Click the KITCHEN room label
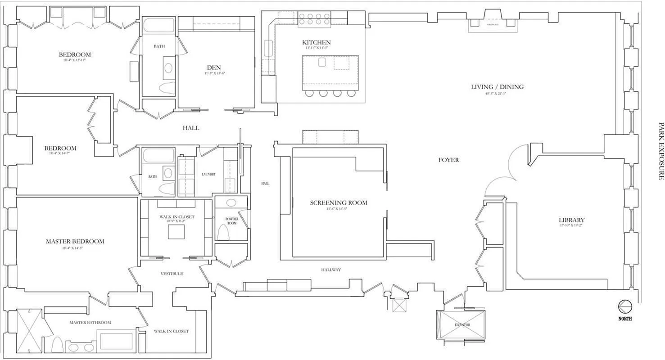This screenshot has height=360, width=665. (x=316, y=42)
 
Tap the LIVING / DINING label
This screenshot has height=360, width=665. (x=497, y=87)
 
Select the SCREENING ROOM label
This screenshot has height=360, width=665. (x=338, y=203)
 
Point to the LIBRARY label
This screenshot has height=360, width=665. (x=571, y=220)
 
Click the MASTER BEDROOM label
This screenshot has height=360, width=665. (x=75, y=241)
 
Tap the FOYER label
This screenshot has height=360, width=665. (x=448, y=160)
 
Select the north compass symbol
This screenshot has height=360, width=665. (x=625, y=307)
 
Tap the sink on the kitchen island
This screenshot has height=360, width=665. (x=322, y=62)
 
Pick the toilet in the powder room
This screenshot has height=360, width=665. (x=224, y=232)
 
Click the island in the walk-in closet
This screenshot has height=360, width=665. (x=176, y=232)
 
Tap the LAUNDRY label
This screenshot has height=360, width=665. (x=208, y=174)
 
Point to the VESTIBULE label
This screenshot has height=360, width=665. (x=172, y=274)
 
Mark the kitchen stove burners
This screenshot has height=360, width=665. (x=314, y=18)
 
